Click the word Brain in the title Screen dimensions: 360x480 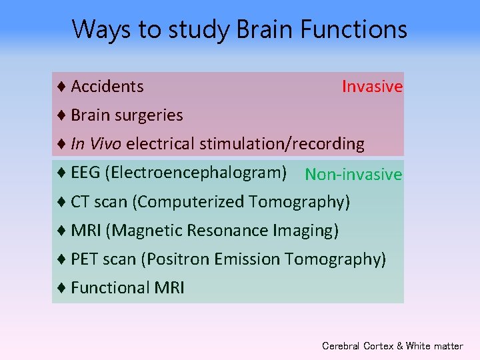tap(262, 30)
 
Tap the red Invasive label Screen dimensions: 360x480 tap(372, 87)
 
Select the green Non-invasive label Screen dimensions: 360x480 tap(353, 175)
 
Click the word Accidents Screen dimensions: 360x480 tap(107, 86)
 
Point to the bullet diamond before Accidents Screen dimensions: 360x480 tap(61, 86)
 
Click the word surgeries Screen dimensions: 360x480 tap(151, 115)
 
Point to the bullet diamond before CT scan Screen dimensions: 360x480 tap(61, 201)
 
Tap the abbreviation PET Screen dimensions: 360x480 tap(85, 259)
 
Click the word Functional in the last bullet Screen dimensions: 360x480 tap(109, 287)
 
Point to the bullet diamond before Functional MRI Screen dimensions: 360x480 tap(61, 287)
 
